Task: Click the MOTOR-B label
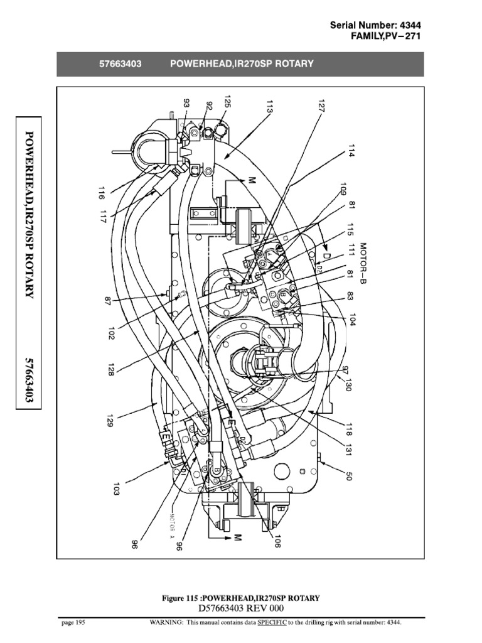click(x=363, y=262)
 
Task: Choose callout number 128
click(x=110, y=367)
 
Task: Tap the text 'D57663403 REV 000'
click(x=241, y=608)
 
